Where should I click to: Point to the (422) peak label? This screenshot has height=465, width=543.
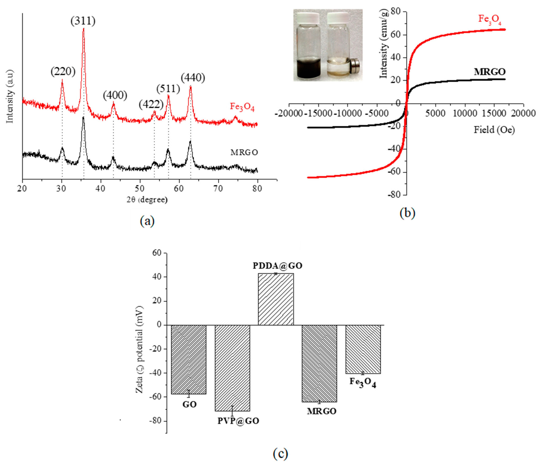[x=151, y=104]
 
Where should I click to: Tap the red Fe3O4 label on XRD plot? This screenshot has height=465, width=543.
[x=242, y=107]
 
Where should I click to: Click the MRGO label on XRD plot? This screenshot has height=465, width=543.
[x=244, y=152]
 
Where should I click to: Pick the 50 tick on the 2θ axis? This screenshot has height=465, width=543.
[x=140, y=189]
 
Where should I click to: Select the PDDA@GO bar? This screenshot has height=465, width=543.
[x=276, y=299]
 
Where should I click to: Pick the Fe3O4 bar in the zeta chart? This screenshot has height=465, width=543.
[x=363, y=349]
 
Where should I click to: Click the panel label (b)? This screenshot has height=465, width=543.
[x=407, y=213]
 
